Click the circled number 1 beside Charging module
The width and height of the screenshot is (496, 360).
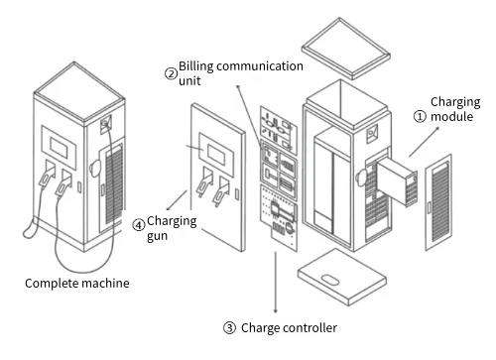(x=420, y=116)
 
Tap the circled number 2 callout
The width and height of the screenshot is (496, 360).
(x=171, y=73)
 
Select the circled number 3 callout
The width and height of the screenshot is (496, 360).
(x=229, y=328)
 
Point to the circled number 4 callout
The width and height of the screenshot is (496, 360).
(x=139, y=225)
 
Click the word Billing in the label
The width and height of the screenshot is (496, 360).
(x=196, y=66)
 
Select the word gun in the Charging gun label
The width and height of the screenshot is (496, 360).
(x=157, y=237)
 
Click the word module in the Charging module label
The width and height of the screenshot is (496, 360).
(x=451, y=116)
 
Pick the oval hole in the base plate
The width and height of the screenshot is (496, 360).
(x=331, y=280)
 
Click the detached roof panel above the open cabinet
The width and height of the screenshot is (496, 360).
(x=346, y=49)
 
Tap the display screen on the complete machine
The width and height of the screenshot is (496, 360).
(x=59, y=148)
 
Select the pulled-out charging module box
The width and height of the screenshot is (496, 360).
(x=397, y=180)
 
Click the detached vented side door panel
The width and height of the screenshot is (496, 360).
(x=438, y=202)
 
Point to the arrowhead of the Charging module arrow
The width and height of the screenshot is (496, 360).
(x=438, y=129)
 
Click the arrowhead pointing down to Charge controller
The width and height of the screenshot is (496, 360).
(x=276, y=311)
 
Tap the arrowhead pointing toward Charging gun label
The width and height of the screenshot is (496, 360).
(x=169, y=208)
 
